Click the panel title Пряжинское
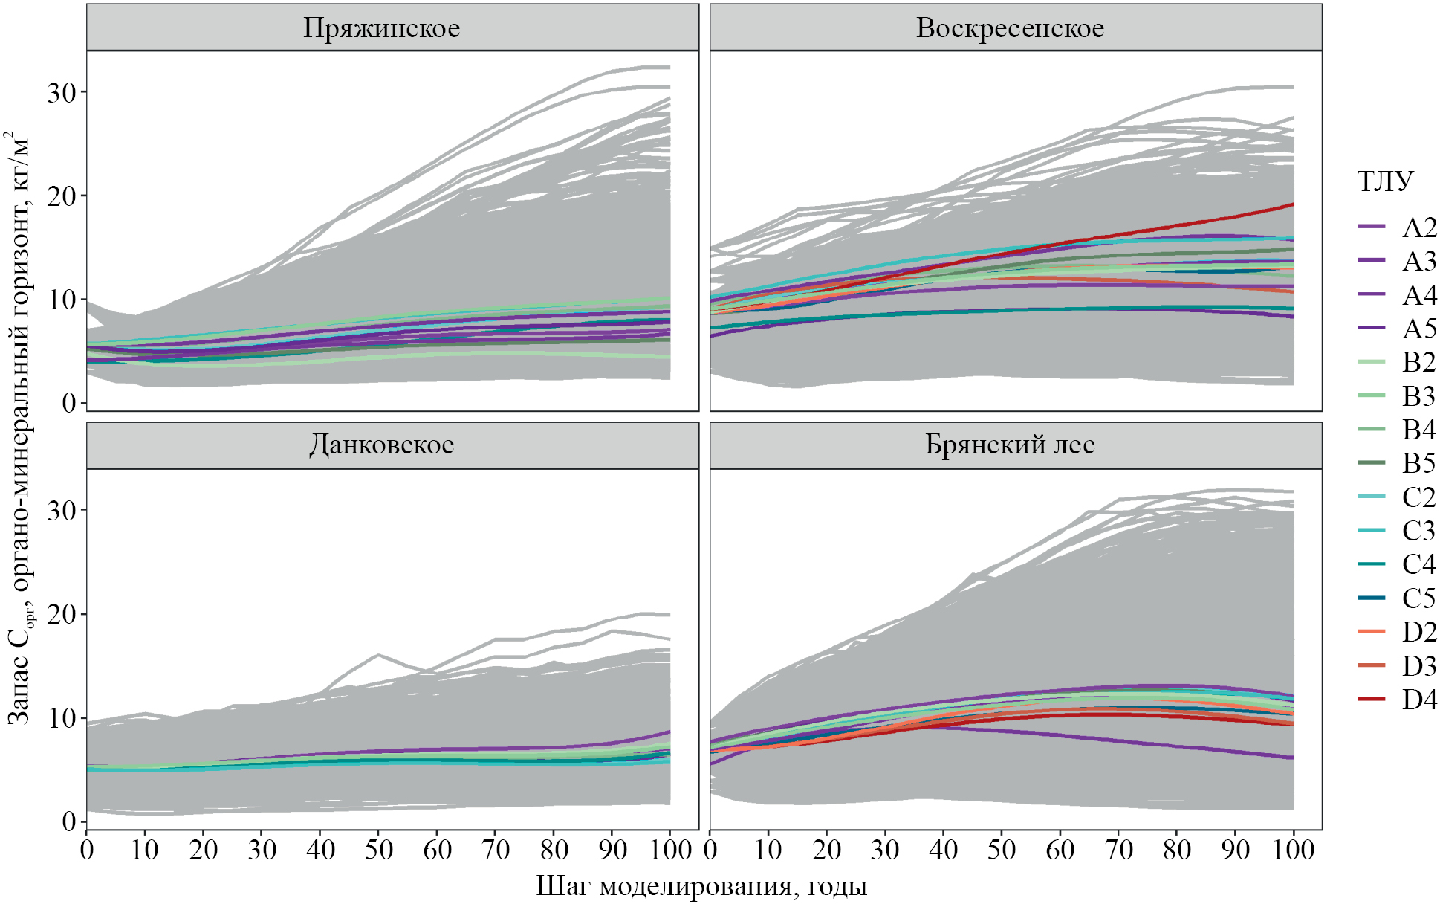(x=381, y=28)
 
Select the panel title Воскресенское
(x=1010, y=28)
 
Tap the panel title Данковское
(x=381, y=445)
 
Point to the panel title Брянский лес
(x=1010, y=445)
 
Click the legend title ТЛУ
(x=1385, y=181)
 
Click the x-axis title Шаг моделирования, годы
(x=701, y=886)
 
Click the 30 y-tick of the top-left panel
(x=62, y=92)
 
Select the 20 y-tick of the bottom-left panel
(x=62, y=614)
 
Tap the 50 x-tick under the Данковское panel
(x=378, y=849)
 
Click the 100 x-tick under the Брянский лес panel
(x=1294, y=849)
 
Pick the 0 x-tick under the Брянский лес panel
(x=710, y=849)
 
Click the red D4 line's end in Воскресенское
(x=1293, y=204)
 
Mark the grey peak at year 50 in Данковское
(x=378, y=655)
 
